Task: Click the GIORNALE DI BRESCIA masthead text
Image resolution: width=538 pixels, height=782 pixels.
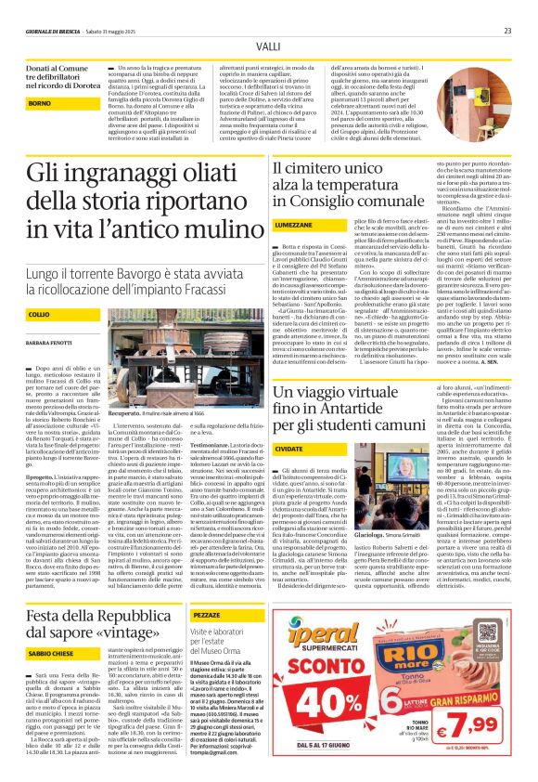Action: pos(54,30)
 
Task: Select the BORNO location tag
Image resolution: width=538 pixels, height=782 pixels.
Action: pos(40,103)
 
